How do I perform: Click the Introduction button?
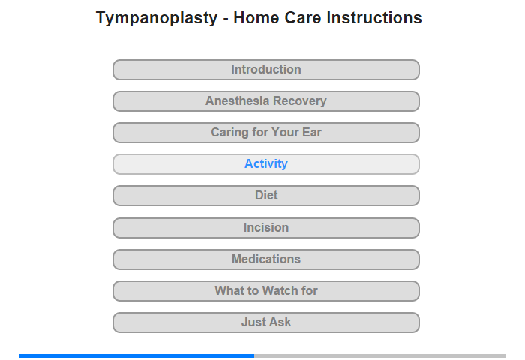[x=266, y=70]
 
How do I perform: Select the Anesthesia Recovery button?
[x=266, y=101]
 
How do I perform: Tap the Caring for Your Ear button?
[x=266, y=133]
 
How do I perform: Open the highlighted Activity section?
[x=266, y=164]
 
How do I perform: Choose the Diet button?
[x=266, y=196]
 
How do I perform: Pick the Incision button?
[x=266, y=228]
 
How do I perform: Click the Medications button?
[x=266, y=259]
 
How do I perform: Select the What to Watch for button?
[x=266, y=291]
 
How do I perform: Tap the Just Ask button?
[x=266, y=322]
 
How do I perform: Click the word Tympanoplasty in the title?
[x=157, y=18]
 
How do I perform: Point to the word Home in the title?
[x=256, y=17]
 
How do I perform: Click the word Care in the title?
[x=303, y=17]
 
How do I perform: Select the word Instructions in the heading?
[x=374, y=17]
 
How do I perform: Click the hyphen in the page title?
[x=226, y=19]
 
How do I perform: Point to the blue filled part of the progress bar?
[x=136, y=355]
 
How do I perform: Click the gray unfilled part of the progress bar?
[x=380, y=355]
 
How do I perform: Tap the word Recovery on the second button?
[x=300, y=101]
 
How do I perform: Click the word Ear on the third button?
[x=312, y=132]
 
